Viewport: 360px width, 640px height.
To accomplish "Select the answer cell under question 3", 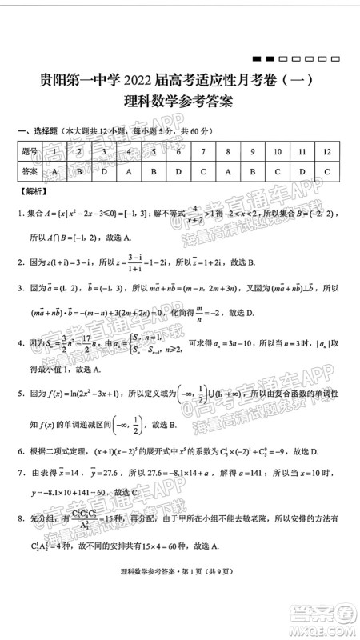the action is tap(104, 171).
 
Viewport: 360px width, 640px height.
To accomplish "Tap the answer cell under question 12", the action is tap(327, 171).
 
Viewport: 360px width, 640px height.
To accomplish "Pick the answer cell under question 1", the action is tap(54, 171).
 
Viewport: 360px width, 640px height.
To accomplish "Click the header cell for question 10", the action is tap(277, 151).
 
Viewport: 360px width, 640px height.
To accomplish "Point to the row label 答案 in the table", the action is tap(30, 171).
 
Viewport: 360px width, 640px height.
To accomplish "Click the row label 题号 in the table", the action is tap(30, 151).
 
